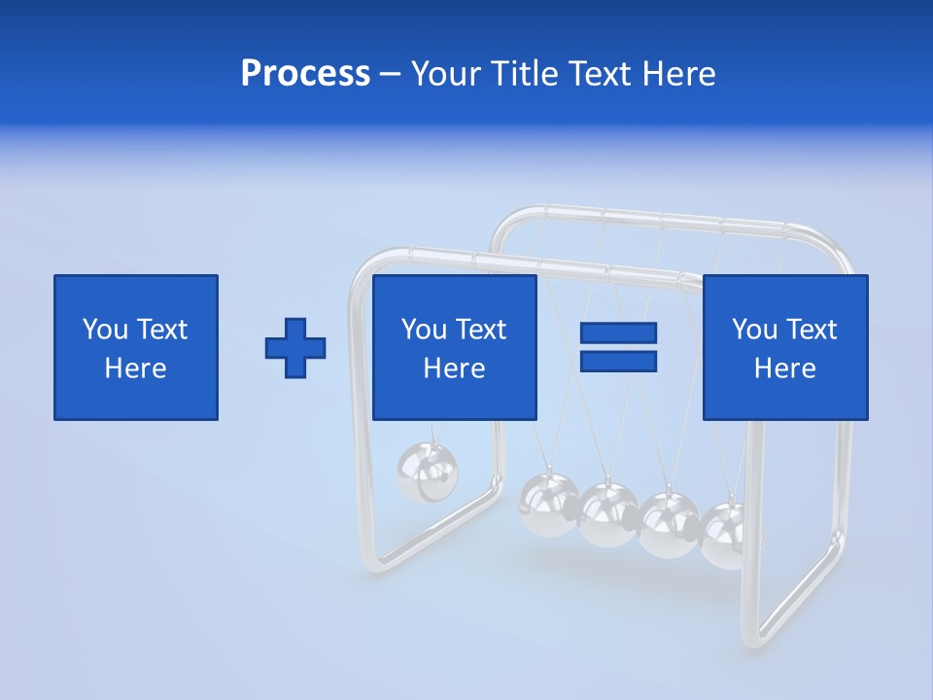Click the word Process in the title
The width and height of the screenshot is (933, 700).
point(305,74)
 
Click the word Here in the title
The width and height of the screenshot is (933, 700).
point(680,74)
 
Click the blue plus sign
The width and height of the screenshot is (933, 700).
point(295,348)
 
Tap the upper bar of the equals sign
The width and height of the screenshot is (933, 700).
point(618,332)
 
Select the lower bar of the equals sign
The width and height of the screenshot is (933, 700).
point(618,361)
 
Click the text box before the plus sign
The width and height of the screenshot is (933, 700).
point(136,347)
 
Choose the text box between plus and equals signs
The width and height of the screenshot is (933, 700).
point(455,347)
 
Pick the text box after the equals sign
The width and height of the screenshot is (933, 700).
point(785,347)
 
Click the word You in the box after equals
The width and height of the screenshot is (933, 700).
point(753,330)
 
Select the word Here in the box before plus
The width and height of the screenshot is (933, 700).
point(136,367)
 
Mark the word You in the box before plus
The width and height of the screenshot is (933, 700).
point(104,330)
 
